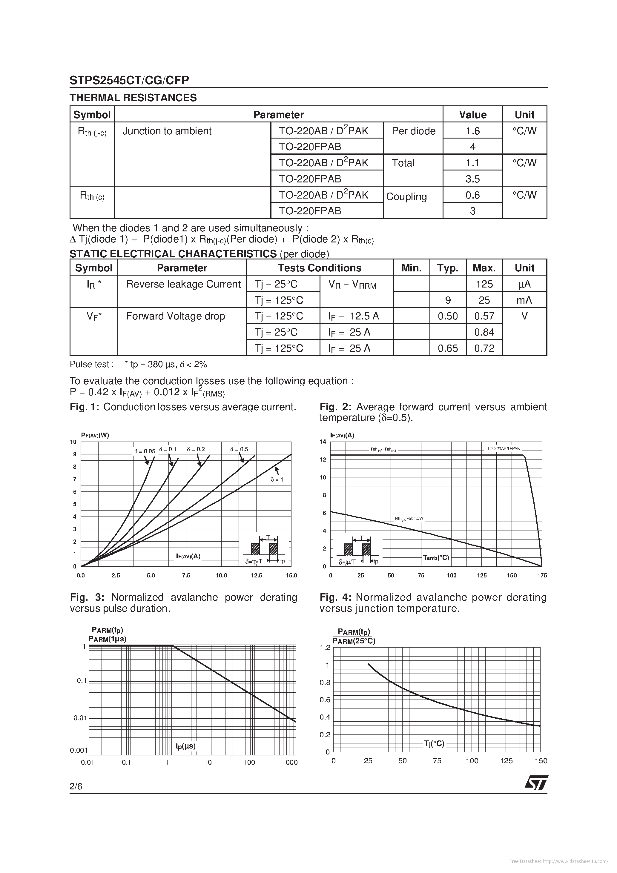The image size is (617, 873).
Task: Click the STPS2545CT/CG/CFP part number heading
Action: click(x=129, y=80)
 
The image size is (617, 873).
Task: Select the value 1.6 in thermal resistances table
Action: click(x=472, y=131)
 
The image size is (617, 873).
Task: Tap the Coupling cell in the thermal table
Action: click(x=406, y=196)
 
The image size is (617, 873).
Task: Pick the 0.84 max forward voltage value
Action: click(x=484, y=332)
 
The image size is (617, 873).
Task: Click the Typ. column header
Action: click(x=447, y=268)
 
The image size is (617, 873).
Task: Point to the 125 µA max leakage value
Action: click(x=484, y=284)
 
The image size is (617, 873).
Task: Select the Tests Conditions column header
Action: click(x=319, y=268)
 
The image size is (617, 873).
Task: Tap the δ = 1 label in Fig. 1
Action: click(x=277, y=480)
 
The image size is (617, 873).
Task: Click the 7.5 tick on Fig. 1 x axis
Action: click(x=186, y=576)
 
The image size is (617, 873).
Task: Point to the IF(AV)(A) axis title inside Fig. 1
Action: click(x=188, y=556)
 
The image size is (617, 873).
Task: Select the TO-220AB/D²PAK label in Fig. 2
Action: click(x=503, y=449)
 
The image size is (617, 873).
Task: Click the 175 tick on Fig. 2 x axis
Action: click(x=542, y=576)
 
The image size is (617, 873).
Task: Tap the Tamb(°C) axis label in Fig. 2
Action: click(x=436, y=558)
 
